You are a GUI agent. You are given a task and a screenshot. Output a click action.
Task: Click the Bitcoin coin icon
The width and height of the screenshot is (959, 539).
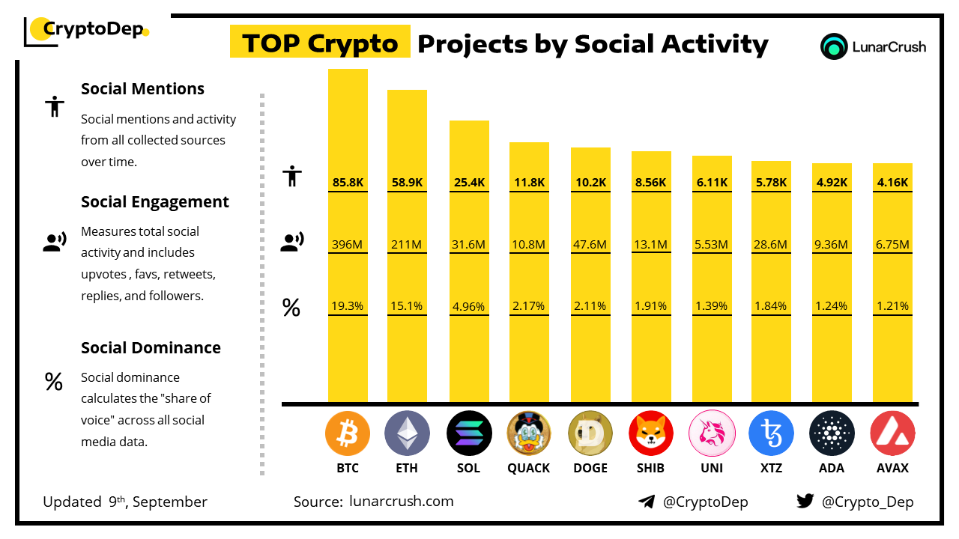pyautogui.click(x=348, y=433)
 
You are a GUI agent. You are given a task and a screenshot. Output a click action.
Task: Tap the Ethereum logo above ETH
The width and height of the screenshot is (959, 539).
pyautogui.click(x=407, y=433)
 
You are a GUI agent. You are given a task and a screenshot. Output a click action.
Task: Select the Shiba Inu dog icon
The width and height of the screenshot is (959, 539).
pyautogui.click(x=651, y=433)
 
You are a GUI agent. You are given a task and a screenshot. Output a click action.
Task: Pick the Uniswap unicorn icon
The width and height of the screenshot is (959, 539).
pyautogui.click(x=711, y=433)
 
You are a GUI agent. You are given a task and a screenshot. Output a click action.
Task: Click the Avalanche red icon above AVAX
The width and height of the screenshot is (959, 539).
pyautogui.click(x=892, y=433)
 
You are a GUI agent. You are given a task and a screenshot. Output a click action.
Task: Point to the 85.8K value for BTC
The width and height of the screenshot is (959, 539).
pyautogui.click(x=348, y=182)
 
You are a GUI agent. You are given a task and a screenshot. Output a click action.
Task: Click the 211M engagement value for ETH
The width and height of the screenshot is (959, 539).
pyautogui.click(x=407, y=244)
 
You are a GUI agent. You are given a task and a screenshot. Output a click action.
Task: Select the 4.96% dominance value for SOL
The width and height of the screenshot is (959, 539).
pyautogui.click(x=469, y=305)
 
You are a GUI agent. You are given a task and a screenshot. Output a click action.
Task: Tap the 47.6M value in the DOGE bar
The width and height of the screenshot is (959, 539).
pyautogui.click(x=590, y=244)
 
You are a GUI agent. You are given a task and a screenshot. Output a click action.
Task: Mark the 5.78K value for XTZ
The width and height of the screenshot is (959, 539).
pyautogui.click(x=771, y=182)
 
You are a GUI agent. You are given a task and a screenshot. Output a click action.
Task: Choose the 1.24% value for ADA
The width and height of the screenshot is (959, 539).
pyautogui.click(x=832, y=305)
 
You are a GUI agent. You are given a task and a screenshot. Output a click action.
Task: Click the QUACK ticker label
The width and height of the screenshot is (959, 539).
pyautogui.click(x=529, y=468)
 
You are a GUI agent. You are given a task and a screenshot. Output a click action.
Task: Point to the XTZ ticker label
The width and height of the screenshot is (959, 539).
pyautogui.click(x=771, y=468)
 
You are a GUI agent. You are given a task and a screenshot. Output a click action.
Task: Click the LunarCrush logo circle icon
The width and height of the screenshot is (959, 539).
pyautogui.click(x=833, y=46)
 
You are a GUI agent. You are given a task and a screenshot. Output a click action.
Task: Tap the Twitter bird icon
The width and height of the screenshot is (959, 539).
pyautogui.click(x=805, y=502)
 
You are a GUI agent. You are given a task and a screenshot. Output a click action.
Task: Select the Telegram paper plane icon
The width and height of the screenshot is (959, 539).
pyautogui.click(x=647, y=502)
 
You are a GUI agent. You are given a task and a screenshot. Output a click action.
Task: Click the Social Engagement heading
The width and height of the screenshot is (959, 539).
pyautogui.click(x=155, y=201)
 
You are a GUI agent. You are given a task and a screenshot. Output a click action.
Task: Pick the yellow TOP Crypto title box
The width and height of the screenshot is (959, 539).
pyautogui.click(x=320, y=43)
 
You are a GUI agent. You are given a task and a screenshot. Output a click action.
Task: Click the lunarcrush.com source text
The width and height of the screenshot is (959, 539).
pyautogui.click(x=401, y=502)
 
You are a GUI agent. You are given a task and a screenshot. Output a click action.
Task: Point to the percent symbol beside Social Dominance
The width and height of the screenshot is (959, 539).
pyautogui.click(x=53, y=382)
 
